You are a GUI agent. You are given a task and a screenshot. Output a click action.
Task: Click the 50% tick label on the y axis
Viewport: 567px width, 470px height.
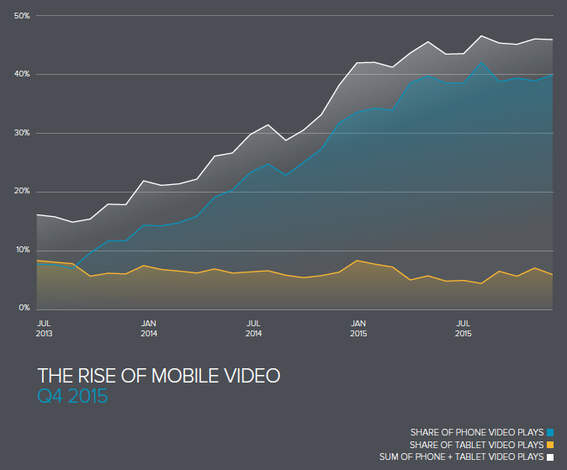[22, 16]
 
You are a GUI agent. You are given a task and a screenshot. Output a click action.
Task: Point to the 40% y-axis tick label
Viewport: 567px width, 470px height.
[22, 74]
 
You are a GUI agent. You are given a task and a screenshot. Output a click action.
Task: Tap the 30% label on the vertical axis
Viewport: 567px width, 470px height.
[22, 133]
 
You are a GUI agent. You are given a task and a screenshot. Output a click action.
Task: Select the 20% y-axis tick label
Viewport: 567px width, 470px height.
[22, 192]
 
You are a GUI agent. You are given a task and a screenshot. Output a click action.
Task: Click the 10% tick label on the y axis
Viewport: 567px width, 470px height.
[22, 250]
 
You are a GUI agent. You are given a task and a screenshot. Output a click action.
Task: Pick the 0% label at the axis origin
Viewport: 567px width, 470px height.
[24, 309]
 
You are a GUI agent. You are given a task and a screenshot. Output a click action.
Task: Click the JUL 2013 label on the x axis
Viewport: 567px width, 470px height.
[45, 328]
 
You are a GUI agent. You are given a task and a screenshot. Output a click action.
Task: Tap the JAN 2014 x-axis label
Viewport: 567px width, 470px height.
[149, 328]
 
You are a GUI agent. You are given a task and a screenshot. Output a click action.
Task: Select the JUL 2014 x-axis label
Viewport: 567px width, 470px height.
[253, 328]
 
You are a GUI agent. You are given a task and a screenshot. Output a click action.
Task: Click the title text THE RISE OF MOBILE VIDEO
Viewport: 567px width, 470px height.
[158, 375]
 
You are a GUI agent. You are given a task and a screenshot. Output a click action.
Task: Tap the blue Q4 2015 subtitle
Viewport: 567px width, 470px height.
[72, 395]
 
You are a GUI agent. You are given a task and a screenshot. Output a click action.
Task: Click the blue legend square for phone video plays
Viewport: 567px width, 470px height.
[550, 432]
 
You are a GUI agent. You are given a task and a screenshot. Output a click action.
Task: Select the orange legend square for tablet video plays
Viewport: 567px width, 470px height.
[550, 445]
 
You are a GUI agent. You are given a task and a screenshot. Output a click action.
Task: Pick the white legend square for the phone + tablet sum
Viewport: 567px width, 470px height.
[550, 457]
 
